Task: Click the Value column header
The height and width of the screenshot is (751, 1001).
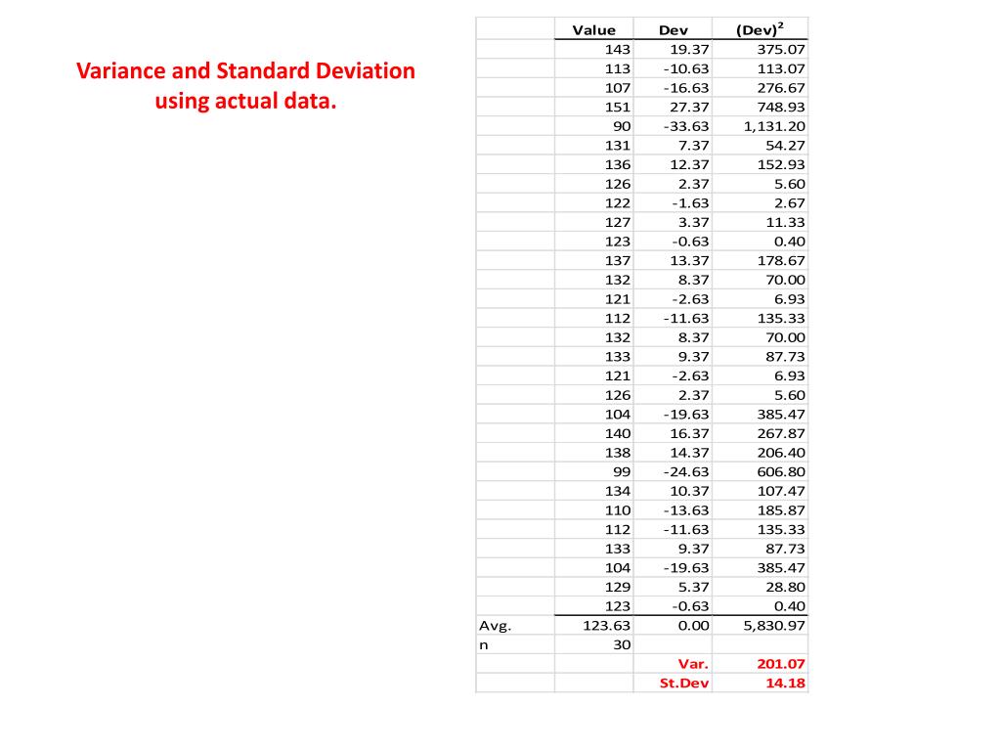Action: coord(593,30)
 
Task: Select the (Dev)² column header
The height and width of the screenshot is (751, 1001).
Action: coord(760,29)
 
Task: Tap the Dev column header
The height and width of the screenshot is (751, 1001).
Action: coord(674,30)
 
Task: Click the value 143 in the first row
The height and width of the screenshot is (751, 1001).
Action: coord(618,49)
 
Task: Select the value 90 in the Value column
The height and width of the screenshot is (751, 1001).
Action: coord(622,126)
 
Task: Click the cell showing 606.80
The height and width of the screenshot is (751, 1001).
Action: coord(781,471)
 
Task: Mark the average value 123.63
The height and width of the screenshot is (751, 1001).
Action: coord(607,625)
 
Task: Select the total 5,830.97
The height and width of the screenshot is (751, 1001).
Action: coord(774,625)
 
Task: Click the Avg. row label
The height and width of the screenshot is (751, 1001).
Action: coord(495,625)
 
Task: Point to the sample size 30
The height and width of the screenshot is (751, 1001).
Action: coord(622,644)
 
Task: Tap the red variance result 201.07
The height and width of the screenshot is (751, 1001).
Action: coord(781,664)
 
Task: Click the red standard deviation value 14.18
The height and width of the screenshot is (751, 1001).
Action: coord(786,683)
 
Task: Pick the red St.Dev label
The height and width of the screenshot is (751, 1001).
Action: coord(684,683)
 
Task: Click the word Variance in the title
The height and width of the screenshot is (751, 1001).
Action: coord(115,71)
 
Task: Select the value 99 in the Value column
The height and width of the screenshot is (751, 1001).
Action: coord(622,471)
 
